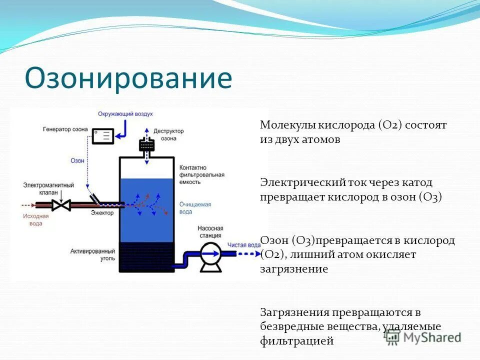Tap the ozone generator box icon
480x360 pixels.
click(103, 135)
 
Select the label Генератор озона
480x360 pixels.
click(65, 129)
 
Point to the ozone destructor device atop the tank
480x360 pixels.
click(146, 144)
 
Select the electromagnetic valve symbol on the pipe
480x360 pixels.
click(62, 204)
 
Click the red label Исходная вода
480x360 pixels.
click(35, 220)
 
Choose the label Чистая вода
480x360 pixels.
click(243, 245)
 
